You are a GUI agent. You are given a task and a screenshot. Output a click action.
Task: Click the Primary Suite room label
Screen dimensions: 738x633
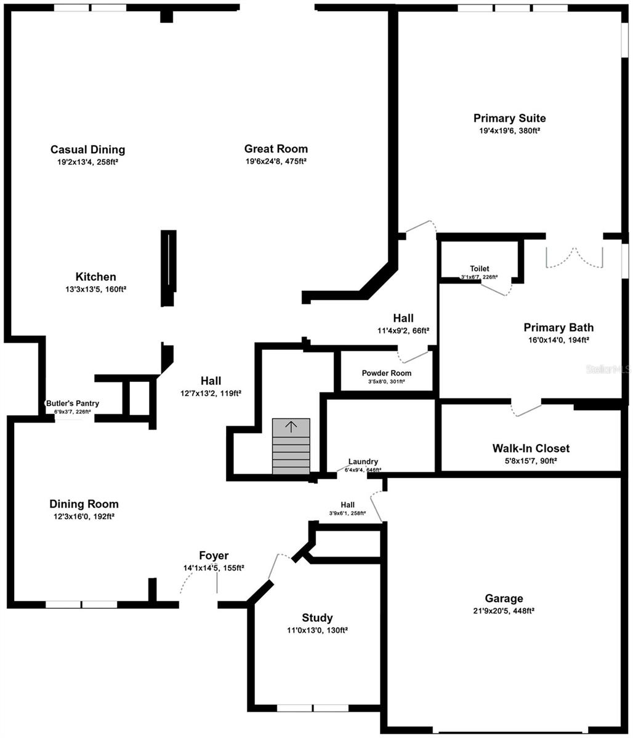[x=509, y=118]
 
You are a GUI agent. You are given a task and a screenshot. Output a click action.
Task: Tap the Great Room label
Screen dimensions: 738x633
[x=276, y=149]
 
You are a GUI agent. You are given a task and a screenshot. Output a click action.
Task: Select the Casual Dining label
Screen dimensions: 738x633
[x=87, y=149]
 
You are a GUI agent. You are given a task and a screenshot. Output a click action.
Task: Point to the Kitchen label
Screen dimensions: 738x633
[x=95, y=277]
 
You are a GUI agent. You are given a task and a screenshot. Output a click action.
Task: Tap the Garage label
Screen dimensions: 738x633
[x=504, y=598]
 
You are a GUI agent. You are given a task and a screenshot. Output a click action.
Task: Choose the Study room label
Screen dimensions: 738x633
[x=317, y=618]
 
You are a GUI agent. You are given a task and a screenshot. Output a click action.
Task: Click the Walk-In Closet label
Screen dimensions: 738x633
[x=531, y=448]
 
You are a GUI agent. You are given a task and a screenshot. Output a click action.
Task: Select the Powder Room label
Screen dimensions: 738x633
[x=387, y=373]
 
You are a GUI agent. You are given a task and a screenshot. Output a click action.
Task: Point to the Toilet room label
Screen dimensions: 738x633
[x=480, y=269]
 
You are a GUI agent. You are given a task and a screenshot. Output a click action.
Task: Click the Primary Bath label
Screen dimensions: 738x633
[x=558, y=327]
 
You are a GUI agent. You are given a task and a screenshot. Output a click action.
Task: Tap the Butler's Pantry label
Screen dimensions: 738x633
[x=73, y=403]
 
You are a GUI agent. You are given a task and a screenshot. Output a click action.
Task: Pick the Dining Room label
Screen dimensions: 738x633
[x=84, y=504]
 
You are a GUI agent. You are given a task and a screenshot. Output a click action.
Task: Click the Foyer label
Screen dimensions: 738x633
[x=214, y=556]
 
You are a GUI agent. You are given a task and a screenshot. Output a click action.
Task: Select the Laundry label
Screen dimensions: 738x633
[x=363, y=462]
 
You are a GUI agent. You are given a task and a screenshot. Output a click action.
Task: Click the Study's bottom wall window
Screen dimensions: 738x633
[x=313, y=708]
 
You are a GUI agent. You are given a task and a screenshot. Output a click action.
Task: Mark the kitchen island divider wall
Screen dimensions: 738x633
[x=169, y=268]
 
